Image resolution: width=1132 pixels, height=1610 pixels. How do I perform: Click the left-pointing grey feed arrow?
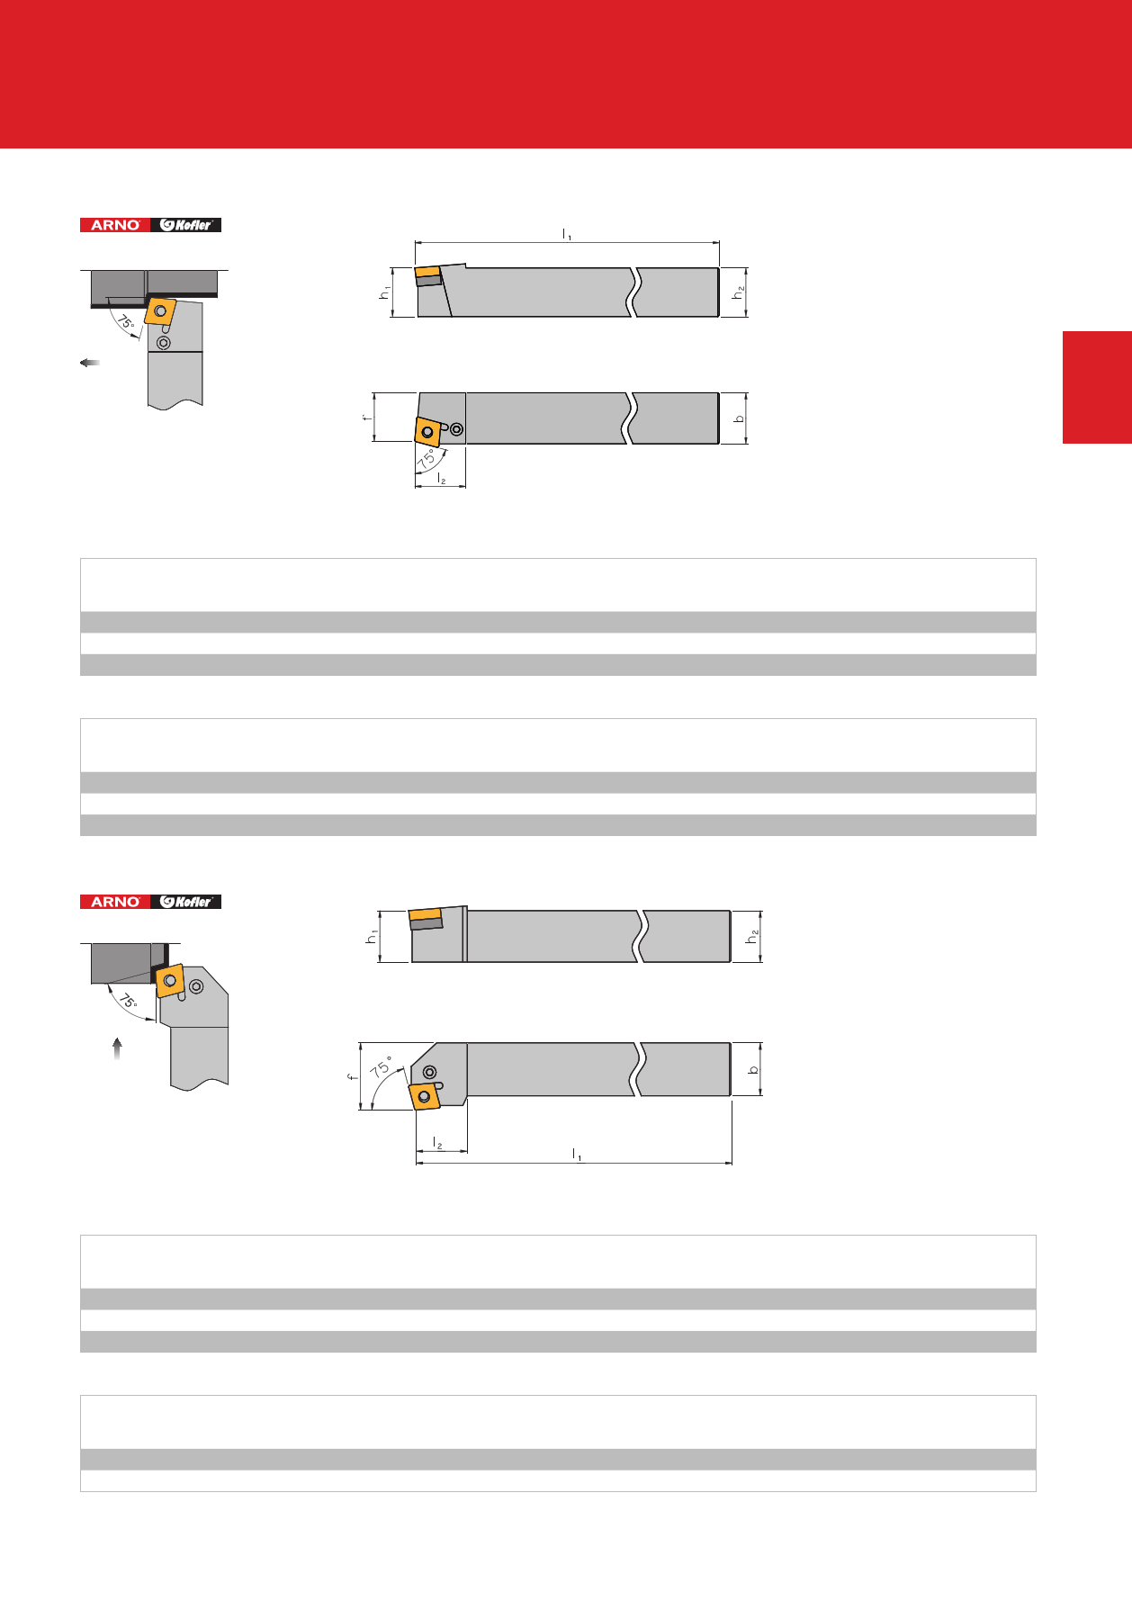coord(89,363)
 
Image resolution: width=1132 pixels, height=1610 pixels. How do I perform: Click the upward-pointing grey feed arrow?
coord(117,1048)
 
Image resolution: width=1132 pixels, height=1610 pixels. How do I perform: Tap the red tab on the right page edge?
coord(1097,387)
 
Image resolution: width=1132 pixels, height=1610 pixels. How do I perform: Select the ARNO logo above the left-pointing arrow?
coord(115,225)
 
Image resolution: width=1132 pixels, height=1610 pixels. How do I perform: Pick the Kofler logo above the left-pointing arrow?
coord(185,225)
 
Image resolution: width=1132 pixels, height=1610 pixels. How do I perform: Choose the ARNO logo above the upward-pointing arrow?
coord(115,902)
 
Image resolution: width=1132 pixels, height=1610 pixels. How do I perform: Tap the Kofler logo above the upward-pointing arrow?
coord(185,902)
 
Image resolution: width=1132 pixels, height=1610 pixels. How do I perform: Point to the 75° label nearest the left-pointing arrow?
coord(126,321)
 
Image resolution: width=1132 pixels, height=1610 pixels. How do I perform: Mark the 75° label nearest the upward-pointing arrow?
coord(129,1000)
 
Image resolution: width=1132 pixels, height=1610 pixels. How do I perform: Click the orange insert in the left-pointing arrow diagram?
coord(160,311)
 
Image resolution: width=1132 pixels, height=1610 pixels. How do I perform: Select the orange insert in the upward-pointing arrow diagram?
coord(170,980)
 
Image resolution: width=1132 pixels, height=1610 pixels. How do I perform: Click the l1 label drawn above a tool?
coord(567,234)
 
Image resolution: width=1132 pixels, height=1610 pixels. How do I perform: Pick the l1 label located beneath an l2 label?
coord(577,1155)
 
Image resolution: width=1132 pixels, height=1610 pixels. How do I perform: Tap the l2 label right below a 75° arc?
coord(441,479)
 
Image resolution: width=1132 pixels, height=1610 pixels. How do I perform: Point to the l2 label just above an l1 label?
coord(437,1143)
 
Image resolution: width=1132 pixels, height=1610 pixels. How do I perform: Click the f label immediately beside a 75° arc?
coord(354,1075)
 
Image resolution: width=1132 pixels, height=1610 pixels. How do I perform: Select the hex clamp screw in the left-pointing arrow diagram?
coord(164,343)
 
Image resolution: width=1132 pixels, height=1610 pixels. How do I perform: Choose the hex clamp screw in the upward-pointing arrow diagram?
coord(196,986)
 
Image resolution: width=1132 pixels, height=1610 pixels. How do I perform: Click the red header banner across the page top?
coord(566,74)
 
